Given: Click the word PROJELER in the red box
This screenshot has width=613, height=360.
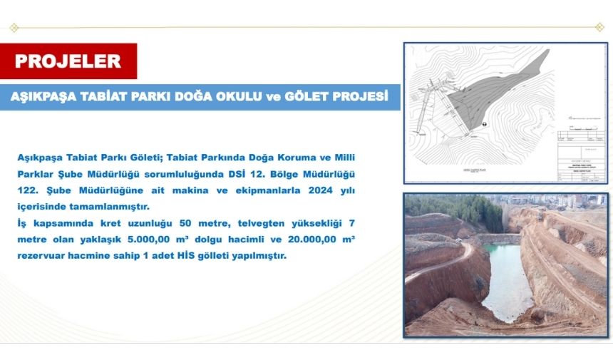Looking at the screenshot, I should tap(68, 61).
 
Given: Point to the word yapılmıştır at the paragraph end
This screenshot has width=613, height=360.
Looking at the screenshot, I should tap(256, 256).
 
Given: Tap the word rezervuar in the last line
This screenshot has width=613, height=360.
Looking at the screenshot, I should tap(44, 256).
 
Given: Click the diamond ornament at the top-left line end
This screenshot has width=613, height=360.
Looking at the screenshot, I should tap(14, 27).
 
